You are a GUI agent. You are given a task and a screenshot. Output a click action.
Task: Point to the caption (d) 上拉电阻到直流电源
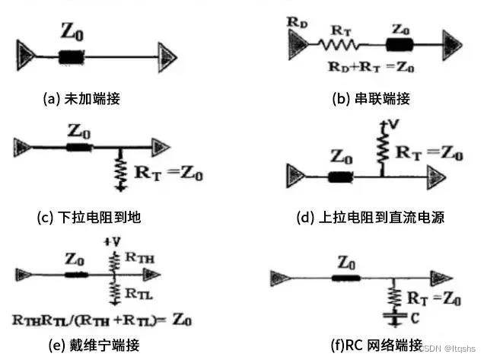[x=370, y=218]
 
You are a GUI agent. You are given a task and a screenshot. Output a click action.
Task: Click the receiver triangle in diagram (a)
[x=167, y=55]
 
